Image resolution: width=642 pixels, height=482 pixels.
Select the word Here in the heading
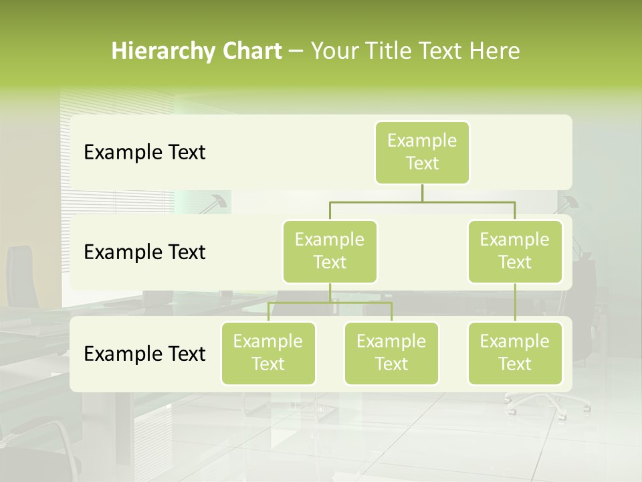click(495, 51)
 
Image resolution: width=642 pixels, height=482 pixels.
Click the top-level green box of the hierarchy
click(422, 152)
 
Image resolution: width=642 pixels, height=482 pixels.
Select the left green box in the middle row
click(330, 251)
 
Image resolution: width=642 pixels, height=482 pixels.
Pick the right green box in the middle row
click(515, 251)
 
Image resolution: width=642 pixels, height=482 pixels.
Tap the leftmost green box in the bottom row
click(268, 353)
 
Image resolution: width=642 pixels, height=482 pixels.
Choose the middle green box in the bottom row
click(391, 353)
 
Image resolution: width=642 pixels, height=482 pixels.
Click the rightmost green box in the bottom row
click(515, 353)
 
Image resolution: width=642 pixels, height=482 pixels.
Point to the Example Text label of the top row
click(144, 153)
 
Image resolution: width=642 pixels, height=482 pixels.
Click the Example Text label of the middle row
click(144, 252)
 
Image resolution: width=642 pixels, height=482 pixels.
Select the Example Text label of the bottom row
click(144, 353)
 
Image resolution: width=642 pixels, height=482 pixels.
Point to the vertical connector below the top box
click(422, 193)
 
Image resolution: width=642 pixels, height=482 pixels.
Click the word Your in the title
click(332, 51)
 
